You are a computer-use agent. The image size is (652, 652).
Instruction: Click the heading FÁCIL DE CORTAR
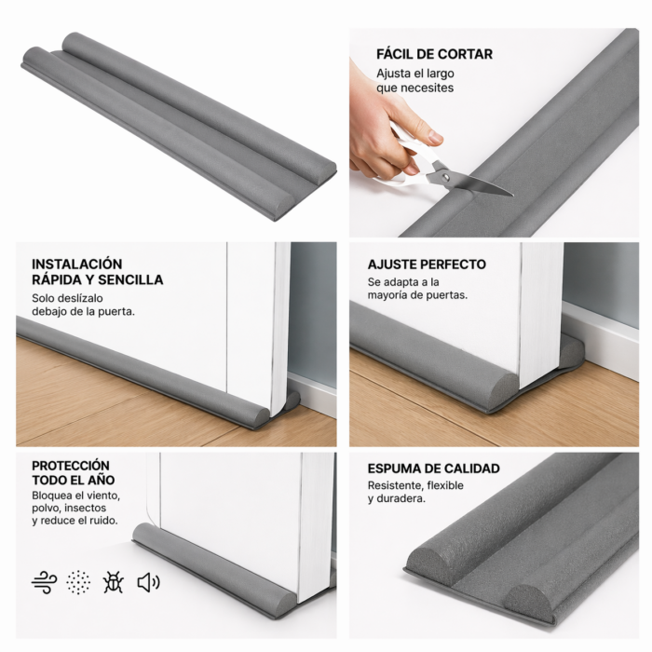click(x=434, y=54)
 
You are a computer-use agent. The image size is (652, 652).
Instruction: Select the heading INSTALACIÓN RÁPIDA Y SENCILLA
click(x=97, y=272)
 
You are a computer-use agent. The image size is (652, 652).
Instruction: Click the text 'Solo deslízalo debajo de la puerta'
click(x=83, y=305)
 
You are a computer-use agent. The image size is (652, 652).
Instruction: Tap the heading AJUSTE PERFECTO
click(x=427, y=265)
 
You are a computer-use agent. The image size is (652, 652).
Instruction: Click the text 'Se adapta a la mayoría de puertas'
click(x=417, y=288)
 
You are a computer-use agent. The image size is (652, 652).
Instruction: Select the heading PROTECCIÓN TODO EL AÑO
click(x=71, y=472)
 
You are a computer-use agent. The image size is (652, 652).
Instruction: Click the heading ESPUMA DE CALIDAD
click(x=433, y=469)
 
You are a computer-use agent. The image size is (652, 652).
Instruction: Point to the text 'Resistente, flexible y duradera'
click(x=415, y=492)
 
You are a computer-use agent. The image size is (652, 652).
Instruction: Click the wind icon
click(x=44, y=583)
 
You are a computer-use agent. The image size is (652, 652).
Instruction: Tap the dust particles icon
click(x=79, y=583)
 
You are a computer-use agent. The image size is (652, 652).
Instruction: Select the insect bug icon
click(x=114, y=583)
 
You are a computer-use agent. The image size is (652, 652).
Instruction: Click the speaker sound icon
click(x=148, y=583)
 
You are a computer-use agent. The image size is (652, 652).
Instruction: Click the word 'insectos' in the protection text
click(x=84, y=509)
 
